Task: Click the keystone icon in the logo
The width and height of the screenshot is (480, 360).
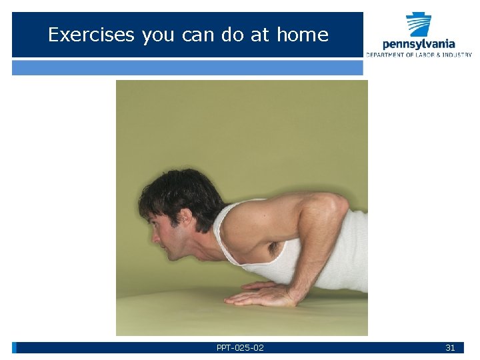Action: [419, 24]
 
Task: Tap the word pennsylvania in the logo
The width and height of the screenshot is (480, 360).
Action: [419, 43]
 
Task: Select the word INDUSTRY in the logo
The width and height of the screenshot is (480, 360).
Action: [457, 55]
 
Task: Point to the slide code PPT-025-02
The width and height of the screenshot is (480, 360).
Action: [240, 348]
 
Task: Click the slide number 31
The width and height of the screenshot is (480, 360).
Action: [450, 348]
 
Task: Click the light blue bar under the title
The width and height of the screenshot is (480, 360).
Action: [187, 67]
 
